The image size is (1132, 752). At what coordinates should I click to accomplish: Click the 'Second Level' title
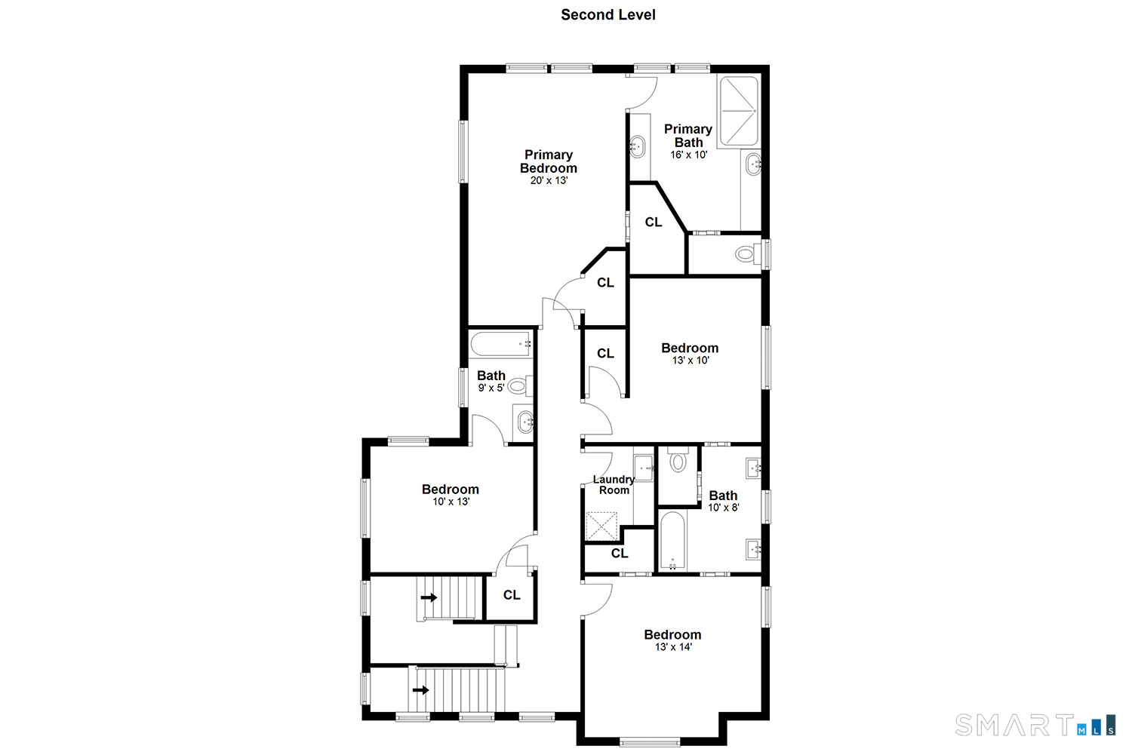(x=608, y=14)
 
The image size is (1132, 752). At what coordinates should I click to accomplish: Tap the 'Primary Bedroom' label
(x=549, y=161)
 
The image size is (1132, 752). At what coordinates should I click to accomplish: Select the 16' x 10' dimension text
(x=688, y=155)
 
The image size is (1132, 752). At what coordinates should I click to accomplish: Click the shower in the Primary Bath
(x=737, y=111)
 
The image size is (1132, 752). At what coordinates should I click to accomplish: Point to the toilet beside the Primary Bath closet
(x=746, y=254)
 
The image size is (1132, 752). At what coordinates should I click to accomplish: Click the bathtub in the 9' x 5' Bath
(x=502, y=345)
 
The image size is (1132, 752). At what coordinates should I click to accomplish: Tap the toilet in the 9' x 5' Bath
(x=518, y=386)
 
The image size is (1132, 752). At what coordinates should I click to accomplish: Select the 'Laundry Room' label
(x=614, y=484)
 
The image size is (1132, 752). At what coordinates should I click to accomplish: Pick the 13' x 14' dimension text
(x=673, y=647)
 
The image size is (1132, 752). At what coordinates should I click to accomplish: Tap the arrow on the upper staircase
(x=429, y=598)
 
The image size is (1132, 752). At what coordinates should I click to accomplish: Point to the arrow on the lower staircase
(x=420, y=690)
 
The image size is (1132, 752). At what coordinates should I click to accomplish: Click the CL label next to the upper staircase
(x=512, y=595)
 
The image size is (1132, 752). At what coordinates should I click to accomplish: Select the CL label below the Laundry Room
(x=620, y=554)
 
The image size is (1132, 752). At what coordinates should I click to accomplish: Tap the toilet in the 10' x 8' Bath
(x=678, y=461)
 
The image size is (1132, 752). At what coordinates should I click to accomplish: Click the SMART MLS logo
(x=1035, y=725)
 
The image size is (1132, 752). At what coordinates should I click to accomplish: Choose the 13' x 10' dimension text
(x=691, y=361)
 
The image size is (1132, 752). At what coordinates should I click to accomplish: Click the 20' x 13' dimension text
(x=549, y=181)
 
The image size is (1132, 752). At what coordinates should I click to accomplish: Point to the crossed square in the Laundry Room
(x=602, y=525)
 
